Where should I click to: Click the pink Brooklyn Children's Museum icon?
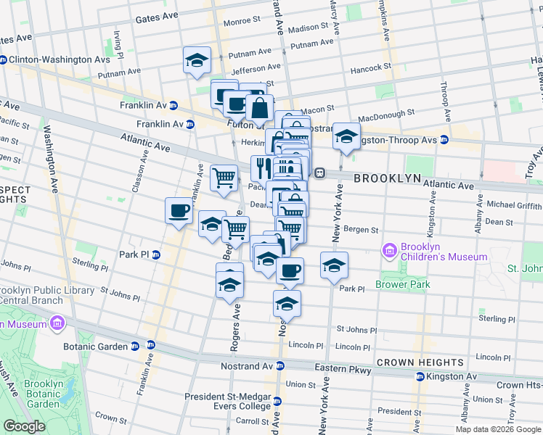[x=390, y=251]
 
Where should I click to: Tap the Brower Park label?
[x=403, y=284]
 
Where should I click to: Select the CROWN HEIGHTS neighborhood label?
[x=420, y=362]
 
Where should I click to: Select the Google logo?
[x=24, y=426]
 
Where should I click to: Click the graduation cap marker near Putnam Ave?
[x=196, y=61]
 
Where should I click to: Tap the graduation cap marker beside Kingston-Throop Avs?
[x=346, y=136]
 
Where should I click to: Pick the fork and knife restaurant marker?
[x=263, y=167]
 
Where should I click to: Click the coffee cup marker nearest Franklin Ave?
[x=179, y=211]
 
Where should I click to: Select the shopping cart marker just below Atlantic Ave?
[x=224, y=177]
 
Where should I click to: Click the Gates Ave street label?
[x=156, y=17]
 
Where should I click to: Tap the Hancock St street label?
[x=370, y=67]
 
